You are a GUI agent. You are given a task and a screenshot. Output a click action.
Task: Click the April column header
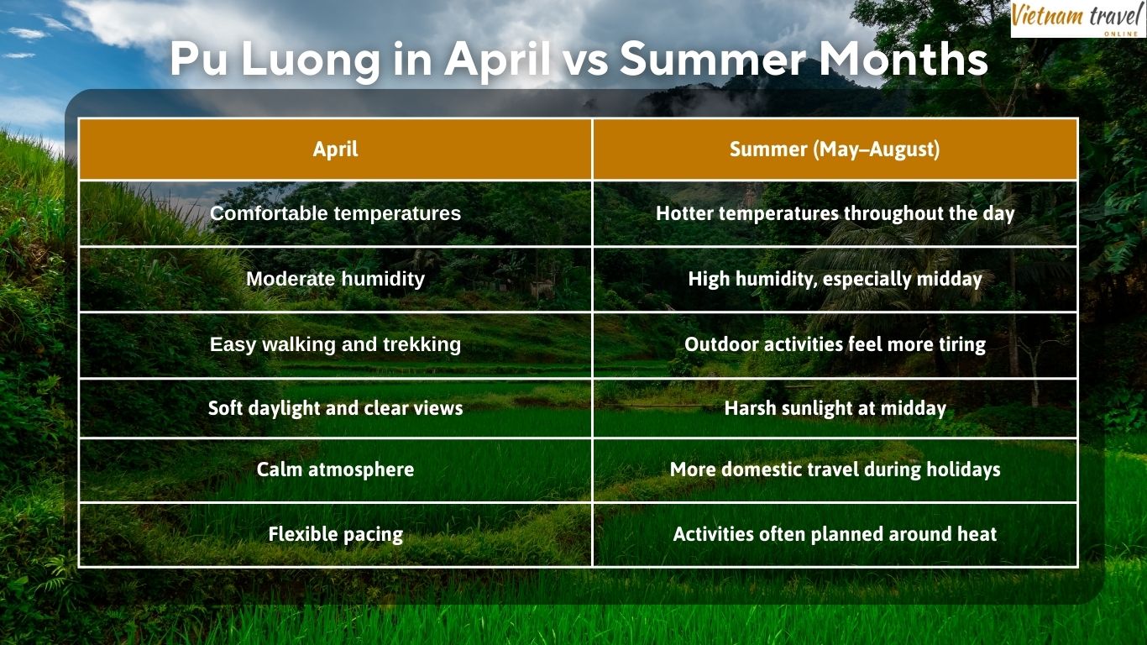(x=335, y=149)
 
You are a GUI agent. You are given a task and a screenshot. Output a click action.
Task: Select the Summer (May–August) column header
(x=835, y=149)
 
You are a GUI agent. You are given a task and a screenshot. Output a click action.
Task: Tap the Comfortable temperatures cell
(x=335, y=213)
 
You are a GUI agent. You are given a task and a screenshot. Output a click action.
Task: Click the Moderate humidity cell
(x=335, y=279)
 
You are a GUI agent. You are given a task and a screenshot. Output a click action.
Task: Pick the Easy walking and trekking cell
(x=335, y=344)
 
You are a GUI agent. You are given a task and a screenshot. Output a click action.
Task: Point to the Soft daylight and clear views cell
(x=335, y=408)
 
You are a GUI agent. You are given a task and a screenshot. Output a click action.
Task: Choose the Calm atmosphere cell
(x=335, y=469)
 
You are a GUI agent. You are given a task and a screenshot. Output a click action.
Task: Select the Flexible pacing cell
(x=335, y=534)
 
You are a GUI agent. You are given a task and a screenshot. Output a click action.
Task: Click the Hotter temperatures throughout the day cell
(x=835, y=213)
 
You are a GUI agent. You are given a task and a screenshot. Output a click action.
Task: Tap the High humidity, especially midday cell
(x=835, y=279)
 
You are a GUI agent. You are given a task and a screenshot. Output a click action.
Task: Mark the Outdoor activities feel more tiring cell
(x=835, y=344)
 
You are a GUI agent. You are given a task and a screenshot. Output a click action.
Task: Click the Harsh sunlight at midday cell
(x=835, y=408)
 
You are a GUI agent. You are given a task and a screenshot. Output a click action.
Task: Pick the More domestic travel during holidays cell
(x=835, y=469)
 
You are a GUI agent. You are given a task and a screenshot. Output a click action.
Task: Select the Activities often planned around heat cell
(x=835, y=534)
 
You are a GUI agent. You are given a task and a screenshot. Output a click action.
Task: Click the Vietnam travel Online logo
(x=1077, y=18)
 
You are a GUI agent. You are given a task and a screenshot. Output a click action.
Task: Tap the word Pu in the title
(x=200, y=60)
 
